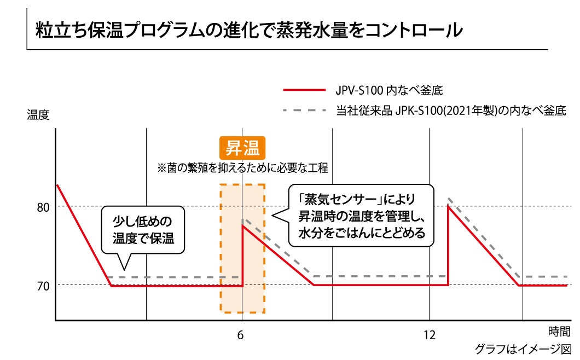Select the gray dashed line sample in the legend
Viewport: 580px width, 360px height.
tap(304, 111)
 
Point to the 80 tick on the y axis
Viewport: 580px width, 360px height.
tap(43, 207)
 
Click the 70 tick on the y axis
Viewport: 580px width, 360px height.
tap(43, 286)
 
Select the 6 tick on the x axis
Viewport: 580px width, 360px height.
tap(240, 335)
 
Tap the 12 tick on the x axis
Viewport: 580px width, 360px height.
tap(430, 335)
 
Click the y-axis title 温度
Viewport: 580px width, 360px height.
tap(38, 115)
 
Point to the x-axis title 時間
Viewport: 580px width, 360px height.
tap(559, 331)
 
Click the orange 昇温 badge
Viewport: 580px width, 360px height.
tap(242, 148)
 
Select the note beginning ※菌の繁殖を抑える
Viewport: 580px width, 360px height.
tap(242, 168)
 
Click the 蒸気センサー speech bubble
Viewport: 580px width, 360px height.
tap(361, 215)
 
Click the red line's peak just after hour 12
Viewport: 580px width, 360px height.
tap(449, 206)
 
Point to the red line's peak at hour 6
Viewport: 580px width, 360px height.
tap(242, 225)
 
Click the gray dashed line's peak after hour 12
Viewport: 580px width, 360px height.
tap(449, 199)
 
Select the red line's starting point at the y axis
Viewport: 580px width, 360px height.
tap(57, 185)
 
